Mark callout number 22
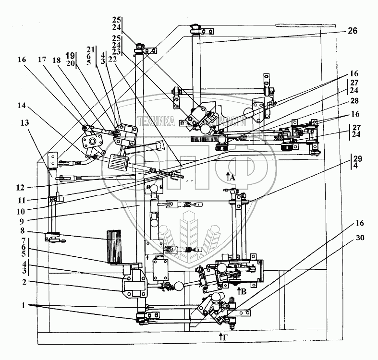pos(112,58)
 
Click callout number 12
pos(18,187)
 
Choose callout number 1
pos(18,305)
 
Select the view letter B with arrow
pos(242,290)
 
